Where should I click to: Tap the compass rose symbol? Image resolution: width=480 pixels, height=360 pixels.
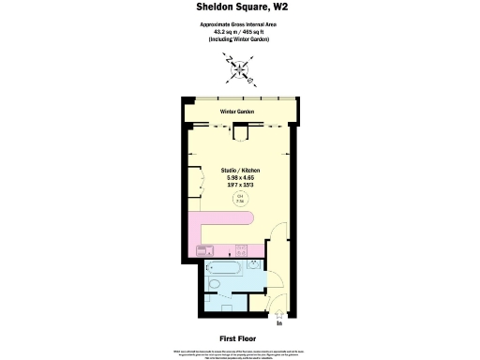point(239,67)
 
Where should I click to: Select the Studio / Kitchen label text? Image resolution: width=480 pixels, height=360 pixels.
point(239,171)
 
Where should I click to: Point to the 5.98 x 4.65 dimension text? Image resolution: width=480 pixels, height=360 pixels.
point(239,178)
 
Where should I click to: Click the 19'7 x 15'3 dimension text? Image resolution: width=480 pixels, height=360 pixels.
point(239,186)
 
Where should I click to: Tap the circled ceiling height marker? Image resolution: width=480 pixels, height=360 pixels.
point(239,199)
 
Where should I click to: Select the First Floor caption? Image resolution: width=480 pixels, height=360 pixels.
point(239,337)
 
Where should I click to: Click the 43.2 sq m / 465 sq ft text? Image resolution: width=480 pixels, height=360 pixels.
point(239,31)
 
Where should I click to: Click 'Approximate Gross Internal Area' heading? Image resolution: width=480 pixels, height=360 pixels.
point(239,24)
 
